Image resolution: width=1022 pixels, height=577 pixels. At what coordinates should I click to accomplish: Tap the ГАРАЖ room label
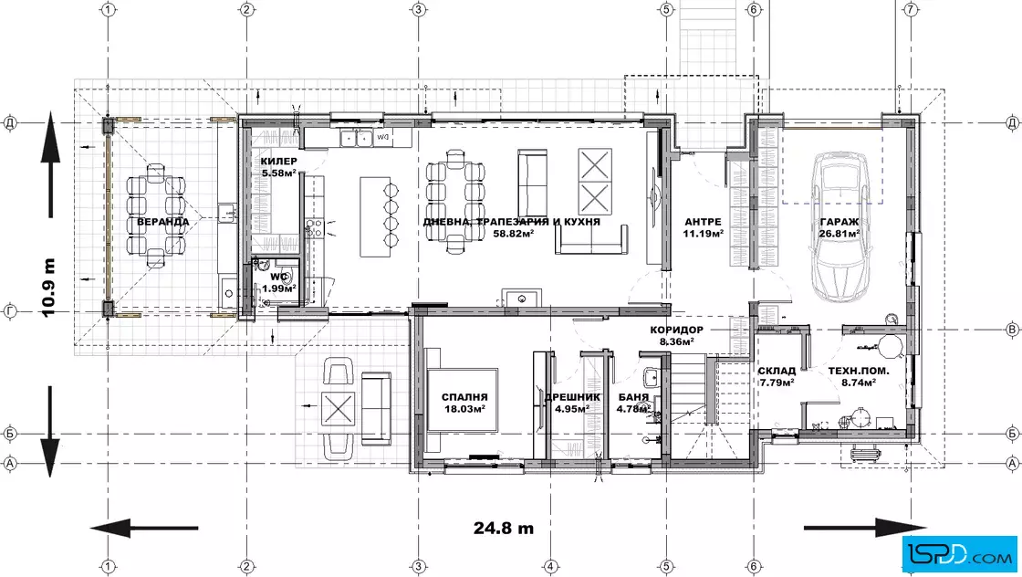(x=839, y=222)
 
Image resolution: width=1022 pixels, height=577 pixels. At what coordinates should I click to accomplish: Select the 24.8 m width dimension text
(x=503, y=528)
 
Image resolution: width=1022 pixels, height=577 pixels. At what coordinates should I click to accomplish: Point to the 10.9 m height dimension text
(x=48, y=288)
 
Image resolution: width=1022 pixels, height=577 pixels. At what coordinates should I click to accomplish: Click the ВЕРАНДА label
(x=163, y=222)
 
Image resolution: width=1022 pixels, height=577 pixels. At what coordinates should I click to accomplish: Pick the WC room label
(x=279, y=278)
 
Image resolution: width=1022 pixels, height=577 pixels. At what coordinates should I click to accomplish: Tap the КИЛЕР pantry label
(x=279, y=161)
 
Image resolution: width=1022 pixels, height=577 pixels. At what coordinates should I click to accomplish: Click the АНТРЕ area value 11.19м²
(x=704, y=234)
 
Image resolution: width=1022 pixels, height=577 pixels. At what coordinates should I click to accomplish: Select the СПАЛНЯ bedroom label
(x=464, y=397)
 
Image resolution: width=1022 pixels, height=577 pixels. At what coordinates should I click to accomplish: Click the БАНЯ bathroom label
(x=633, y=397)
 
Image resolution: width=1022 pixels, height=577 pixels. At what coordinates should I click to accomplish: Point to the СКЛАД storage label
(x=777, y=371)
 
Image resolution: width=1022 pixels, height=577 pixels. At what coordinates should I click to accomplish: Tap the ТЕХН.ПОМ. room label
(x=859, y=371)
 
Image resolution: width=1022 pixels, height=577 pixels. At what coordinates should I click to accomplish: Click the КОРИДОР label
(x=676, y=330)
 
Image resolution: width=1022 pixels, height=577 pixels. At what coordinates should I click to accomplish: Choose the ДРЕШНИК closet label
(x=572, y=397)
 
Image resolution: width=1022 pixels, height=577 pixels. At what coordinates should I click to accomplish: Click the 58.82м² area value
(x=514, y=234)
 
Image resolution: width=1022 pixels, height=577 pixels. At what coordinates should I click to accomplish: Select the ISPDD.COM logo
(x=958, y=554)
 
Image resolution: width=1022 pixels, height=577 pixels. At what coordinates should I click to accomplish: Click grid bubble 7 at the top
(x=911, y=9)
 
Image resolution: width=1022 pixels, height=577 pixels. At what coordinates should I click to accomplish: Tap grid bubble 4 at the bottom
(x=550, y=567)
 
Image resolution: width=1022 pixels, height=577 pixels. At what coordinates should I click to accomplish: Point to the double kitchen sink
(x=356, y=138)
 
